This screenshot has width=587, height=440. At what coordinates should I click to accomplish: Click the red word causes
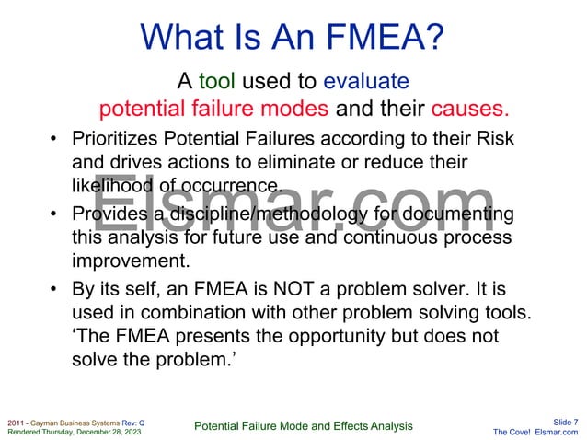point(469,110)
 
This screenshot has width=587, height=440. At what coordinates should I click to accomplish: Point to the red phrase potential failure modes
point(213,110)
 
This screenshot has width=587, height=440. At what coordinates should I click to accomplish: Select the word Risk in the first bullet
point(493,139)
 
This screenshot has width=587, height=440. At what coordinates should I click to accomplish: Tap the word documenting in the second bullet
point(453,214)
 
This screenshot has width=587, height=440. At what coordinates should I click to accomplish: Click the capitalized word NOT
point(314,291)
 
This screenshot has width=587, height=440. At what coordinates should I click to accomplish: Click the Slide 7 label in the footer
point(563,421)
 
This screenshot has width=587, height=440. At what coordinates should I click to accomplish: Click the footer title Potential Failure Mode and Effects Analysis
point(304,425)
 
